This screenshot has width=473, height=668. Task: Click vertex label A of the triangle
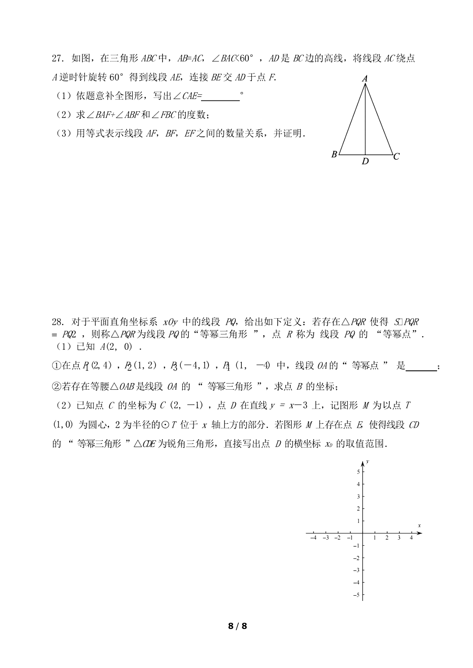tap(365, 79)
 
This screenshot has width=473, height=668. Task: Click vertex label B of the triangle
tap(334, 154)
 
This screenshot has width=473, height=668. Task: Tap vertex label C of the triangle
tap(396, 156)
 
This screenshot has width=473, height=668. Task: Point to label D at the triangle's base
tap(365, 162)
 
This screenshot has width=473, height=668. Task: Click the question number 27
tap(58, 58)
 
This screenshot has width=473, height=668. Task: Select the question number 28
tap(58, 322)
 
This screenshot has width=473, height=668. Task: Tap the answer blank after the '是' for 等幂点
tap(421, 366)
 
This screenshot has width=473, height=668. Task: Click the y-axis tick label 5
tap(358, 472)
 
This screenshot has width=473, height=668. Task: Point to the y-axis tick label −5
tap(357, 595)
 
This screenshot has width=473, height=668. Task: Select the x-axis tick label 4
tap(411, 538)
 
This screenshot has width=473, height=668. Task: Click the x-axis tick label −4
tap(313, 538)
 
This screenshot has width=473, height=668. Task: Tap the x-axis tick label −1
tap(350, 538)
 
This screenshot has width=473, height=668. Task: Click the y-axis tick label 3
tap(358, 497)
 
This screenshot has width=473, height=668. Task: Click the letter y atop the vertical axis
tap(368, 462)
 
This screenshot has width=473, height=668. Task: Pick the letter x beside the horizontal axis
tap(419, 526)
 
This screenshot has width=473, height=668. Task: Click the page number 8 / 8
tap(237, 626)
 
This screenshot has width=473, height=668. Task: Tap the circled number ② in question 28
tap(56, 387)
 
